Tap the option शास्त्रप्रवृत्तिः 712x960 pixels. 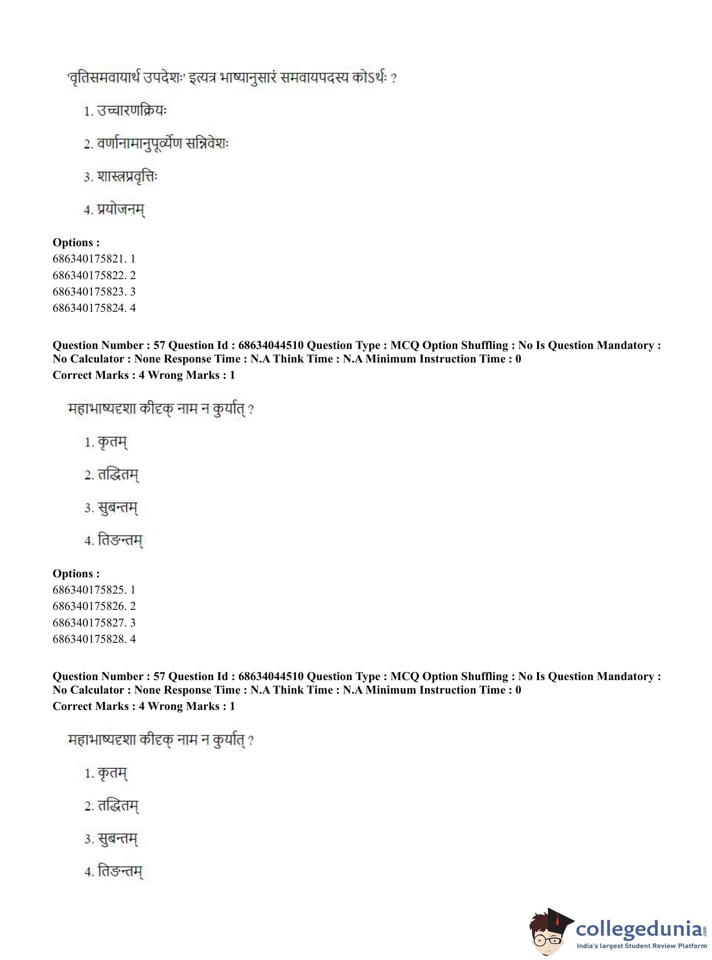(x=127, y=177)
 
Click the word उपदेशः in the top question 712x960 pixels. (x=164, y=78)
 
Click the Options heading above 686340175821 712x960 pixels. (x=76, y=243)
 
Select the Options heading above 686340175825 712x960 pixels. (x=76, y=573)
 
